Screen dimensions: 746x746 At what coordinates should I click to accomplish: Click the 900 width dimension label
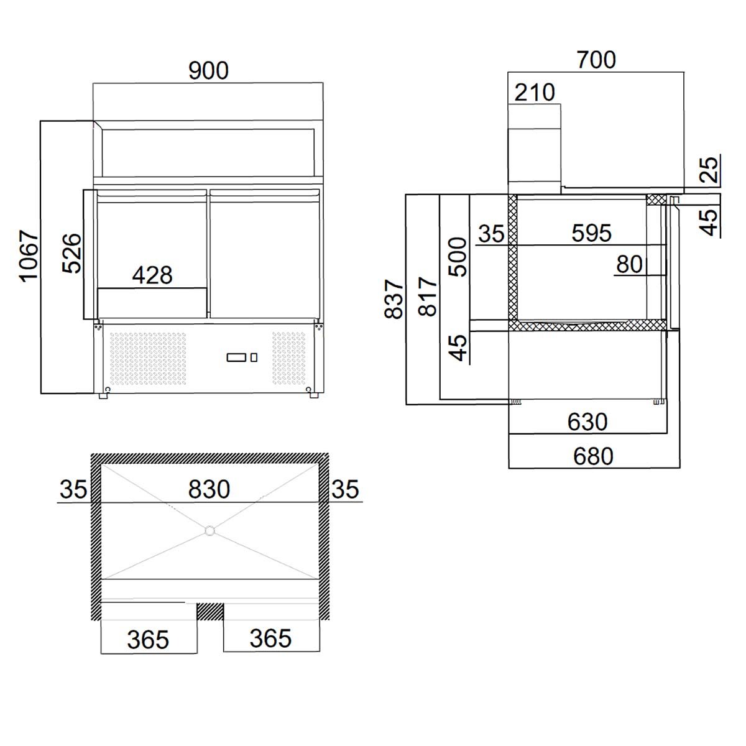pyautogui.click(x=208, y=70)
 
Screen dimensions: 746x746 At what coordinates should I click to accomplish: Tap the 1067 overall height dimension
pyautogui.click(x=29, y=256)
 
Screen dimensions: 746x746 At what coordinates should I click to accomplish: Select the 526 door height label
pyautogui.click(x=72, y=254)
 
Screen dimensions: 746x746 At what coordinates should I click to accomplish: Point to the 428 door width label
pyautogui.click(x=152, y=275)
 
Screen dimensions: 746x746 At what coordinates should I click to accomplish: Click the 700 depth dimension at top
pyautogui.click(x=596, y=60)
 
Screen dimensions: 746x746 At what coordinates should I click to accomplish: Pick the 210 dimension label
pyautogui.click(x=535, y=93)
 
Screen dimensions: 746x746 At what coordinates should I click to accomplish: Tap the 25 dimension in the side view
pyautogui.click(x=709, y=169)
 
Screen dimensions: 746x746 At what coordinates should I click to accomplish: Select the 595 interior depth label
pyautogui.click(x=592, y=233)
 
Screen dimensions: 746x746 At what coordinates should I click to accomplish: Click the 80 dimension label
pyautogui.click(x=629, y=265)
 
